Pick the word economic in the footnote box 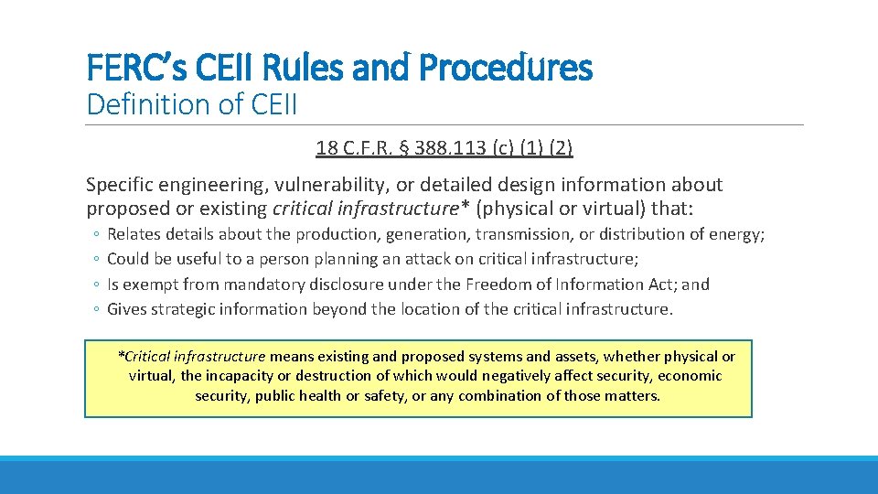pyautogui.click(x=689, y=375)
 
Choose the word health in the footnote pyautogui.click(x=324, y=395)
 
